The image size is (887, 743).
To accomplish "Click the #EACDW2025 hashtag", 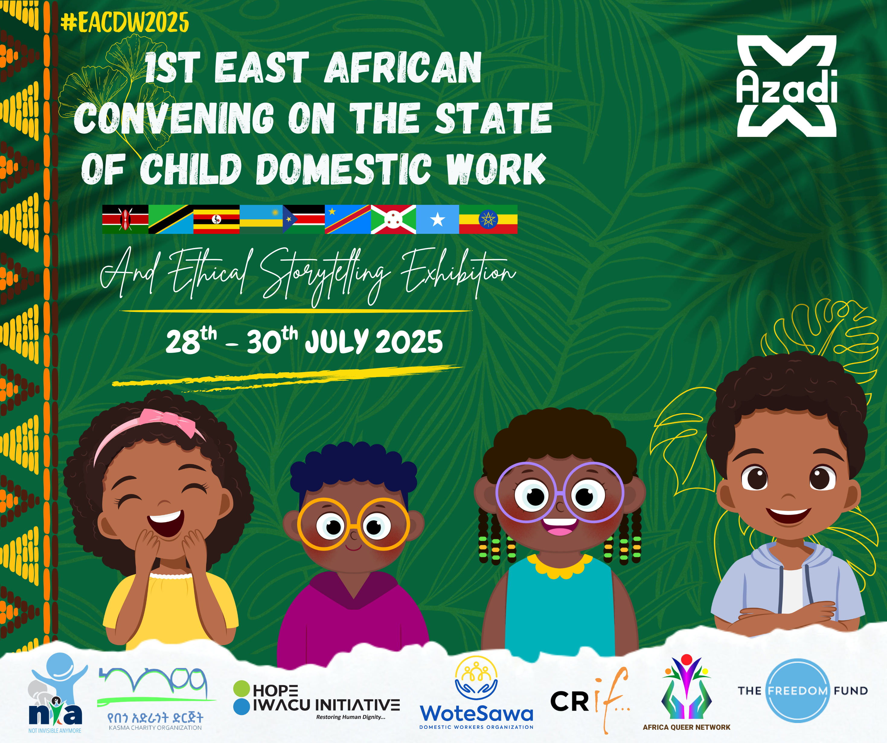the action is [x=125, y=22].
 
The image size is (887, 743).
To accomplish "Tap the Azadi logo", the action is [x=786, y=86].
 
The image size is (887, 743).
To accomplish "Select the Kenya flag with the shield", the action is [x=125, y=219].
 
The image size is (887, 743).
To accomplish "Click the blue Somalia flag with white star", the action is [x=437, y=219].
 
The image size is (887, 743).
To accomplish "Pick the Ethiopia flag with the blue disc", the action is [x=488, y=219].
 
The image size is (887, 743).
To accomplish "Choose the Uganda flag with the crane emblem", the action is [x=216, y=219].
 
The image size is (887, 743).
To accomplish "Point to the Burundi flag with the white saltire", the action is [x=393, y=219].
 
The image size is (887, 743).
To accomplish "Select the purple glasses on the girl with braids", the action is [x=560, y=492].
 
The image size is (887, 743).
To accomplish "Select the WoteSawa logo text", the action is [x=476, y=713].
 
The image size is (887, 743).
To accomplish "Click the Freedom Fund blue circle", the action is [x=797, y=691].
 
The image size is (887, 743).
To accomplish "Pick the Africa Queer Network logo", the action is [x=686, y=692].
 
